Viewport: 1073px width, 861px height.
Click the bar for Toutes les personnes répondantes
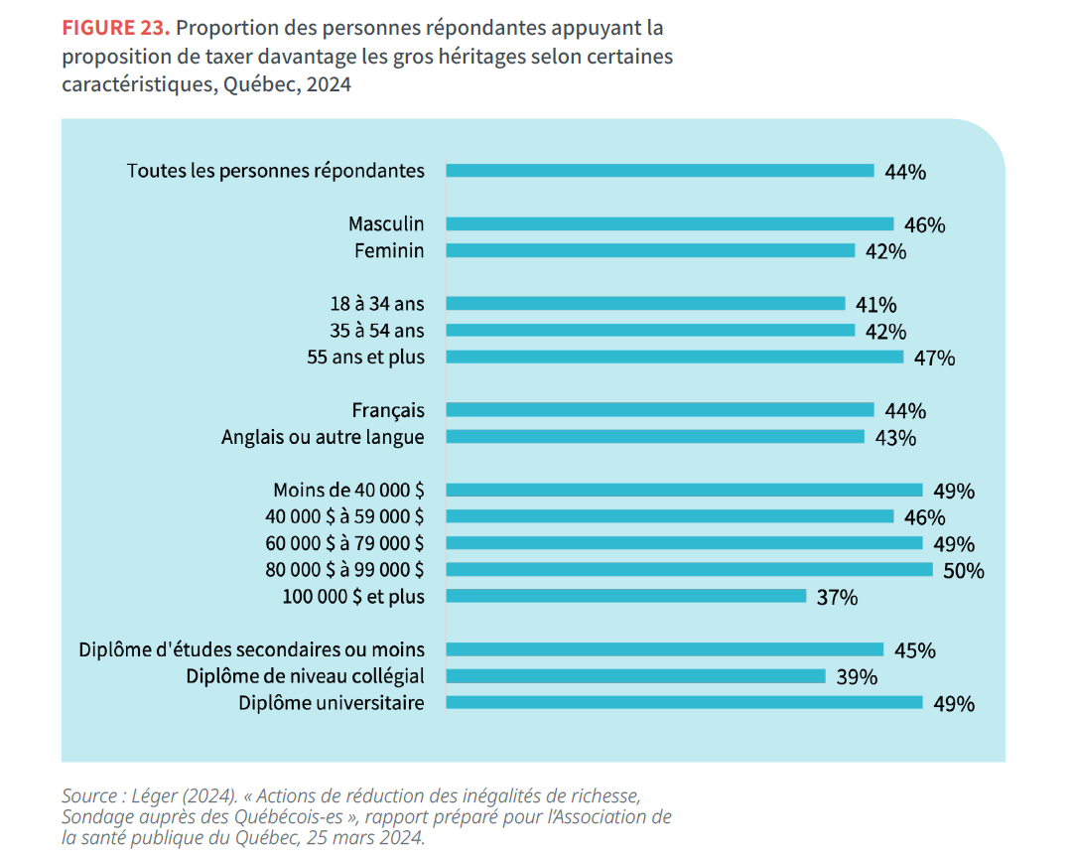tap(660, 171)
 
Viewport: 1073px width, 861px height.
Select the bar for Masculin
tap(670, 224)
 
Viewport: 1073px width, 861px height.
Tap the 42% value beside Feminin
tap(885, 251)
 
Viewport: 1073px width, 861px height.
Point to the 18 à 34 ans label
tap(377, 304)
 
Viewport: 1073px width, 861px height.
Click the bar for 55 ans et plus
tap(675, 357)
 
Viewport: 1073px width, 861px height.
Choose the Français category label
tap(388, 410)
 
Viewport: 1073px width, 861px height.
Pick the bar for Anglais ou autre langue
tap(655, 437)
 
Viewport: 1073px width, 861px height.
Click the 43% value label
tap(895, 438)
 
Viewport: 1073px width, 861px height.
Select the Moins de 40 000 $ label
tap(348, 490)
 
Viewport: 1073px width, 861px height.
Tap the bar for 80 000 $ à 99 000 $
tap(689, 570)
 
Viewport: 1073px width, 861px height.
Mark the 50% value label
tap(963, 571)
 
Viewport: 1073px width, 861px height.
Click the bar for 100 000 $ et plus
tap(625, 596)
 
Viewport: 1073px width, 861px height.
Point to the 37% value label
tap(837, 598)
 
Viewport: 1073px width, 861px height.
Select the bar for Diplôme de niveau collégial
tap(635, 676)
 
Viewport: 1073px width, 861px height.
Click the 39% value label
tap(856, 677)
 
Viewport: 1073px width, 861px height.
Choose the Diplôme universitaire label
tap(332, 703)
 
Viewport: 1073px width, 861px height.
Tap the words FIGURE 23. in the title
tap(115, 28)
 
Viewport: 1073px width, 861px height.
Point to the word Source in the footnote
tap(89, 795)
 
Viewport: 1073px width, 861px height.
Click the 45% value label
tap(914, 650)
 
